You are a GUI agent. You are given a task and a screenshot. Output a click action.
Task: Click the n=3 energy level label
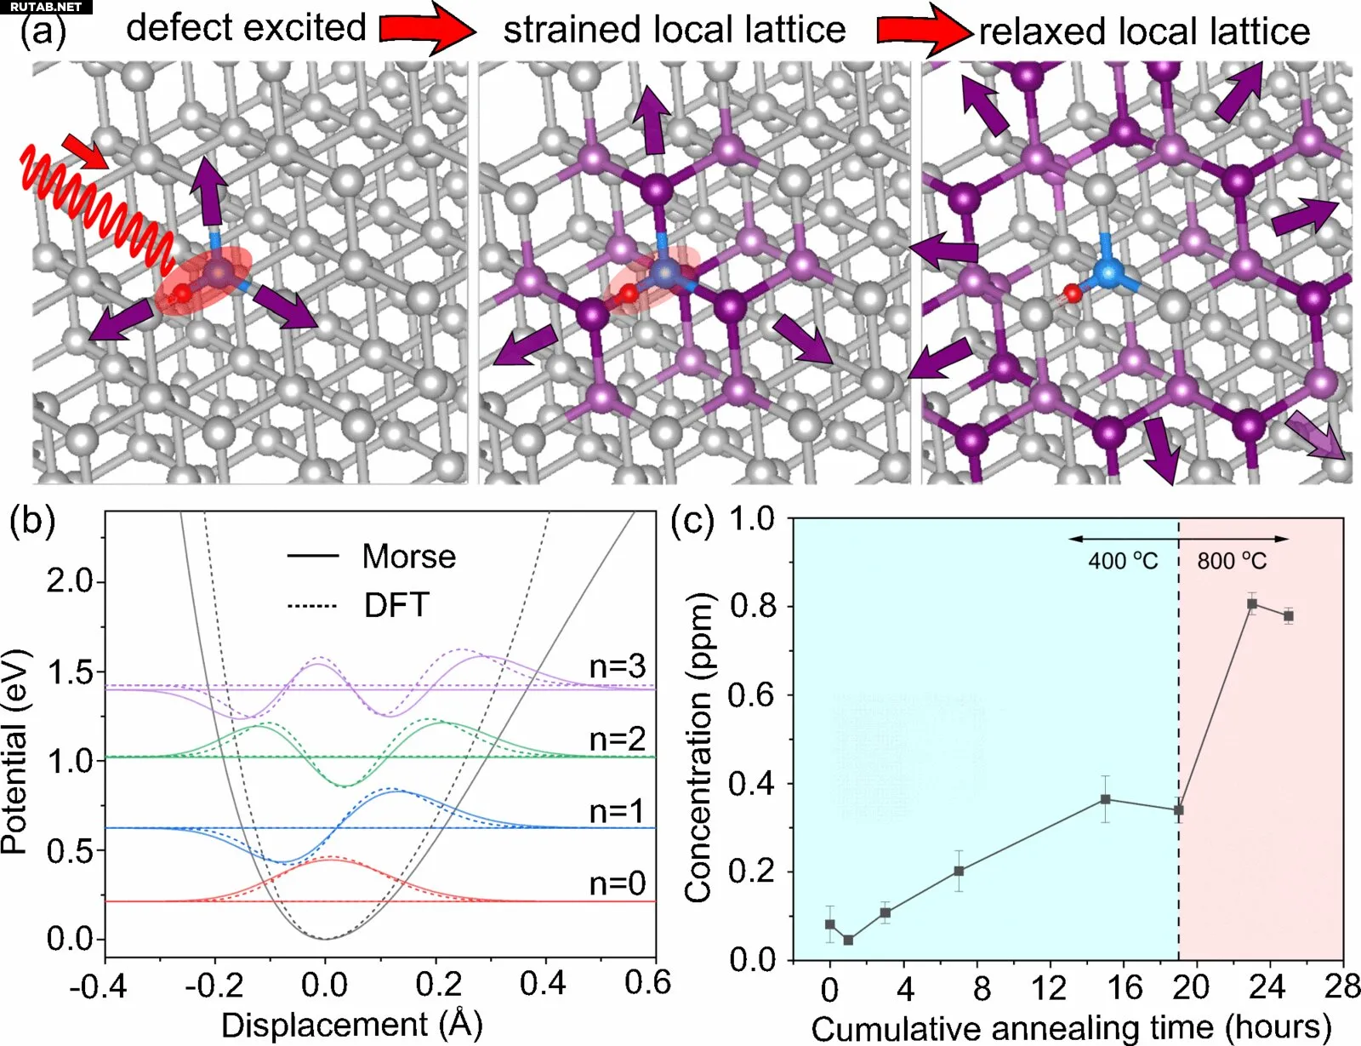pos(617,666)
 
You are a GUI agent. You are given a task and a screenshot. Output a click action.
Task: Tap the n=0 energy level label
pos(617,883)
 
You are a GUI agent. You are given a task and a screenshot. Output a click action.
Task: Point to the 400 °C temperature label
pos(1123,562)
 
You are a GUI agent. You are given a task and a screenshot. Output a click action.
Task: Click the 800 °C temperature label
pos(1232,562)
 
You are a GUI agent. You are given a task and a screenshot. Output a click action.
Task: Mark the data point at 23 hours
pos(1252,604)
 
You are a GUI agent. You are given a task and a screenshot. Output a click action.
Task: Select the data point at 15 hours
pos(1105,799)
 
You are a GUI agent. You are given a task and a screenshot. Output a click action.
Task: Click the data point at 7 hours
pos(959,871)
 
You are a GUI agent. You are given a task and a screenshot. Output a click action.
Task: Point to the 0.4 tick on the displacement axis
pos(543,985)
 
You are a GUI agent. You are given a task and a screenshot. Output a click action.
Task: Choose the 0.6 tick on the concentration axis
pos(752,695)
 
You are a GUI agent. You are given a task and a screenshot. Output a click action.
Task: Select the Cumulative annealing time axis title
pos(1070,1027)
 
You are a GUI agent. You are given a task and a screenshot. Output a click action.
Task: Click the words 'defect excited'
pos(246,28)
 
